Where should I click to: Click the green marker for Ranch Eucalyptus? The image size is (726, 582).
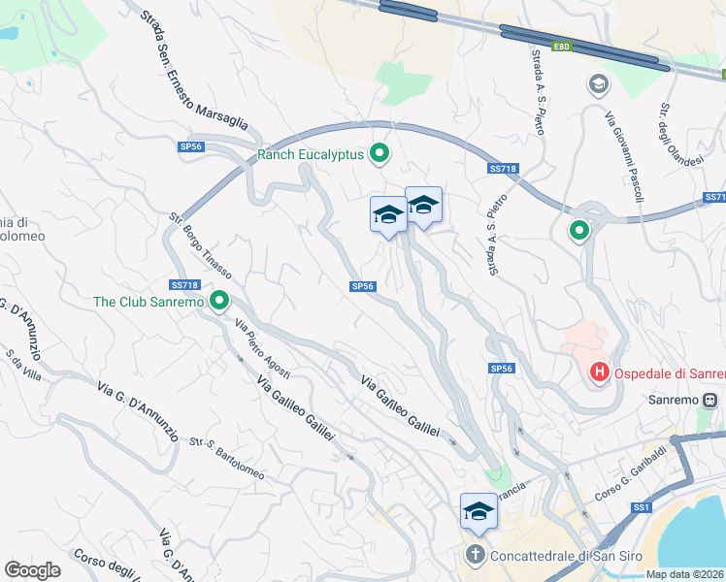[380, 153]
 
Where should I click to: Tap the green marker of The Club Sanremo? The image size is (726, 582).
[219, 302]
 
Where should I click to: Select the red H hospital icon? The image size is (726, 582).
[600, 372]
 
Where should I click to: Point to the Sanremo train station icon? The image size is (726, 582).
[710, 399]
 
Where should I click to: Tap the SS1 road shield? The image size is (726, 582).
[641, 507]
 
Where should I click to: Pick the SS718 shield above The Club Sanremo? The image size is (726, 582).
[183, 285]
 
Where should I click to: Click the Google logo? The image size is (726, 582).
[32, 570]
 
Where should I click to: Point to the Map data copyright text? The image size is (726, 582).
[685, 574]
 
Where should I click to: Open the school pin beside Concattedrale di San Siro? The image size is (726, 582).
[478, 511]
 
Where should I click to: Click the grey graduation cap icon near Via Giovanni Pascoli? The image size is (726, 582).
[598, 84]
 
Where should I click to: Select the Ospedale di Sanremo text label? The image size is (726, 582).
[666, 372]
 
